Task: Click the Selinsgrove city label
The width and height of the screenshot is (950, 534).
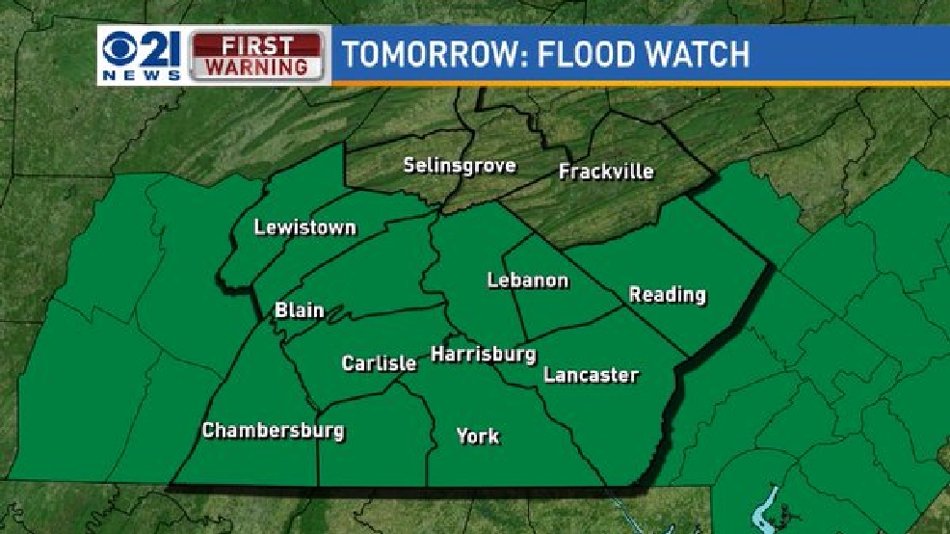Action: click(x=460, y=165)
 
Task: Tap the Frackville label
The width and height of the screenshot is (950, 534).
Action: click(x=606, y=172)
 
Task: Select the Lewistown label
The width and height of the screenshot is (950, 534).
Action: click(x=304, y=227)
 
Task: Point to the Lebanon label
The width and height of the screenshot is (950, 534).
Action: click(x=527, y=280)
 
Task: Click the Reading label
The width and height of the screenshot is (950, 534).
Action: click(x=668, y=294)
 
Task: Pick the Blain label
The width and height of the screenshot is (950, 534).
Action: click(x=299, y=310)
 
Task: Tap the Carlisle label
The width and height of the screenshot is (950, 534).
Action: click(x=379, y=363)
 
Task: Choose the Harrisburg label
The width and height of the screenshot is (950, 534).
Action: click(x=483, y=354)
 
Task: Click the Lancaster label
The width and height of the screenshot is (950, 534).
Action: click(x=591, y=375)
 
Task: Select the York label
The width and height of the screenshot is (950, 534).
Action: click(x=478, y=436)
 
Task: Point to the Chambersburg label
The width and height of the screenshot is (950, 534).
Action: click(x=273, y=430)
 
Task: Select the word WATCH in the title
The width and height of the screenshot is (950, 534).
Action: click(x=696, y=54)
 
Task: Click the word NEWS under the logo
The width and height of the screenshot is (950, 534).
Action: click(x=140, y=74)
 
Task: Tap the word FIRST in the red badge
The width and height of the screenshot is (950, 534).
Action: click(x=256, y=45)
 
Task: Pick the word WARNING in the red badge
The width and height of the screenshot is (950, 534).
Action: click(x=256, y=67)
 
